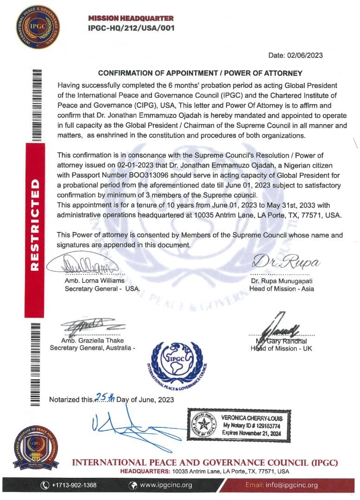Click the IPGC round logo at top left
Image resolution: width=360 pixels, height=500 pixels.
[38, 27]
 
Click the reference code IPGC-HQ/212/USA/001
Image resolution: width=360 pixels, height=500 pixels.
[131, 28]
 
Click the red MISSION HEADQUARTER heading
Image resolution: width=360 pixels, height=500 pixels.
[131, 19]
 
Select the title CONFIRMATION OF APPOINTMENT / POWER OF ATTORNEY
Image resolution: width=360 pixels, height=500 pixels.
[200, 73]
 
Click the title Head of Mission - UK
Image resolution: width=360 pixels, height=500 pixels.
[281, 348]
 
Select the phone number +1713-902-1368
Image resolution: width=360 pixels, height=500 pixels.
[74, 485]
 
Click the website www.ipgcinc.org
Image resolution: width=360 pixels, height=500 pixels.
[166, 485]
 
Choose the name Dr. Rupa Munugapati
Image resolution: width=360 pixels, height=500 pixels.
[282, 281]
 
